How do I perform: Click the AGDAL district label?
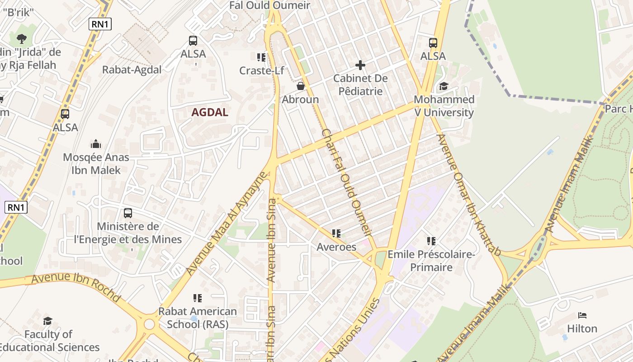209,112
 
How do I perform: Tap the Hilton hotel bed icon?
582,315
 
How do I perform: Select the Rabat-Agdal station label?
132,70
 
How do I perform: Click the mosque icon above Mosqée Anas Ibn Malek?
96,144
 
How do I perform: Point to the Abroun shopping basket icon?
300,86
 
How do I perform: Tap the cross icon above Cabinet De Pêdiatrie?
360,65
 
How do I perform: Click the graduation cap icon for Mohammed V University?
444,86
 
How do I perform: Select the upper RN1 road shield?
100,24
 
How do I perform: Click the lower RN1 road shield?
16,208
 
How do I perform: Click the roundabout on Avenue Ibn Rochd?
150,324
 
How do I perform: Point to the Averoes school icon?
336,233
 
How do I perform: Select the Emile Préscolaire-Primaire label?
431,261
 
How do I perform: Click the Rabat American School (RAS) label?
198,318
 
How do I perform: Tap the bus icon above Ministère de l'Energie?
128,213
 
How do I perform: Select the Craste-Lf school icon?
261,57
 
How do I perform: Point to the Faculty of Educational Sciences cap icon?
48,321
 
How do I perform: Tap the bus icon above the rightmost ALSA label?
433,43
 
